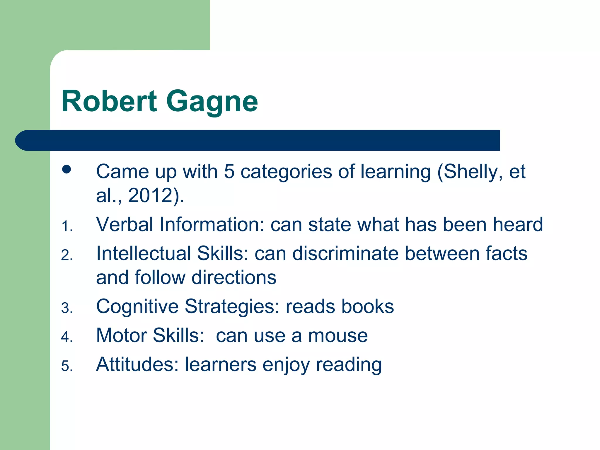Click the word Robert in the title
109,101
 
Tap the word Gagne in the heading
212,101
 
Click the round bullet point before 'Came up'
67,169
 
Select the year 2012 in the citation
150,195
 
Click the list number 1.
67,226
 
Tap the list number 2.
67,255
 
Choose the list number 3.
67,308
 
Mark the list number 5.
67,366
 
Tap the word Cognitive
137,307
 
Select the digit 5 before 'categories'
229,172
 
